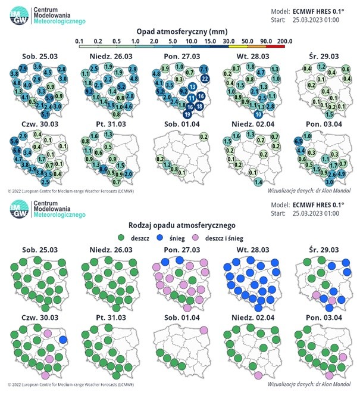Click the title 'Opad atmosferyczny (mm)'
180,30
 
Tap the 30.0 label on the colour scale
228,41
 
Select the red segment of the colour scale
274,46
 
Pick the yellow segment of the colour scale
237,46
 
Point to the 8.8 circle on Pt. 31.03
104,169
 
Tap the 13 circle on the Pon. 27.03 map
193,88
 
